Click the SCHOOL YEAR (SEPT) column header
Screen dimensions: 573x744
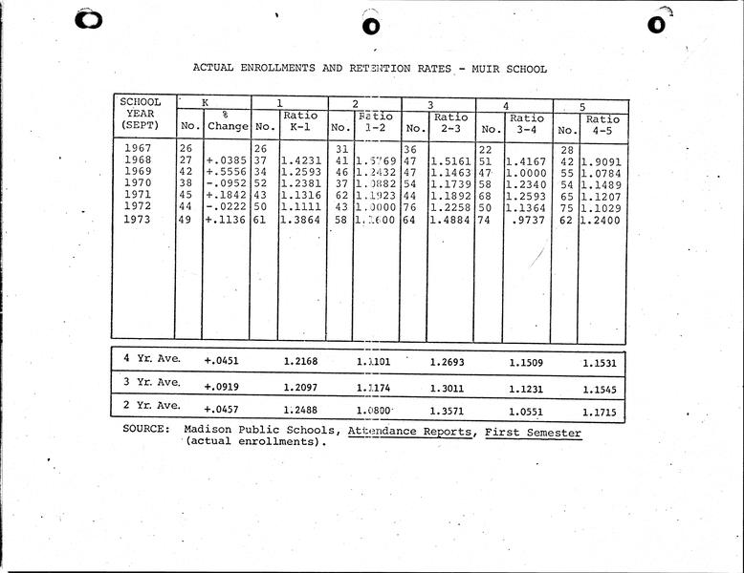click(x=141, y=114)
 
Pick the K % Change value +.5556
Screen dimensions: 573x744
click(x=225, y=172)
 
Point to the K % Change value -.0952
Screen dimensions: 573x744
click(x=225, y=183)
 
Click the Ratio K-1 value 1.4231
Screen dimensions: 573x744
click(x=301, y=160)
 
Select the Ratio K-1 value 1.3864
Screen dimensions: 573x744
click(x=301, y=219)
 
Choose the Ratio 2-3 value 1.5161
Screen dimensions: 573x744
click(x=450, y=160)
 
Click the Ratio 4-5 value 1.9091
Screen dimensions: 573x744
click(x=602, y=160)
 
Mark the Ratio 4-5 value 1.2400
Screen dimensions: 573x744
click(x=602, y=219)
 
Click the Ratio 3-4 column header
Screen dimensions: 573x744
click(x=526, y=125)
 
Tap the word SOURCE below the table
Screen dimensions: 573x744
click(x=147, y=431)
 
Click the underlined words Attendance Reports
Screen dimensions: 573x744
click(x=410, y=432)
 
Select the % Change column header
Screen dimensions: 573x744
click(x=227, y=120)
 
